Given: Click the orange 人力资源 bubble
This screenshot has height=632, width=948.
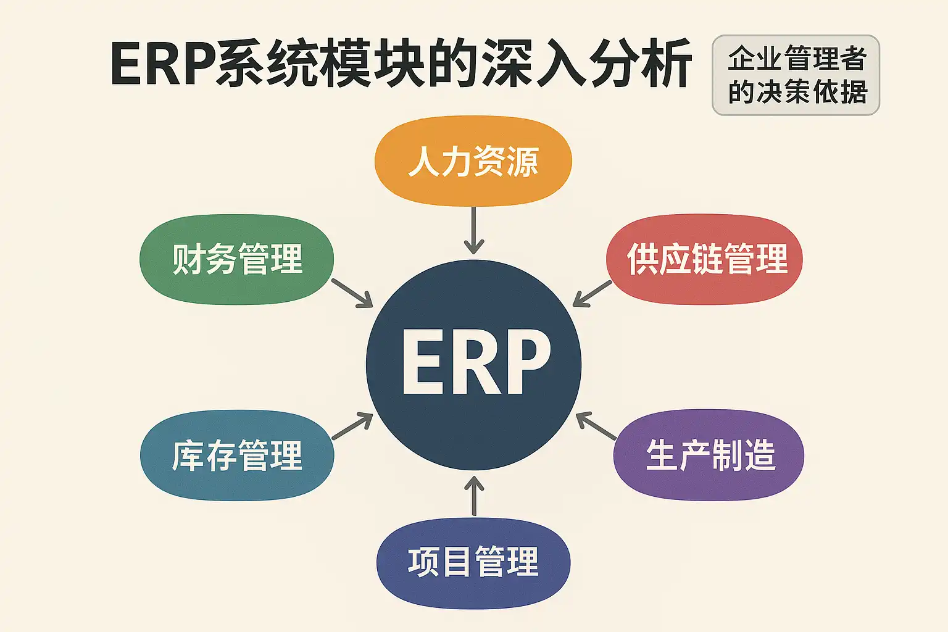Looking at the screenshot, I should click(x=473, y=161).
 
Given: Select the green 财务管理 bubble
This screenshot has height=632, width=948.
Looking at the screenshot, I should click(x=237, y=259).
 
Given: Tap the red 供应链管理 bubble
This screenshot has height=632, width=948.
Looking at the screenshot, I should click(x=705, y=259).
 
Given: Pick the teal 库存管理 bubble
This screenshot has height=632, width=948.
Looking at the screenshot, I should click(x=237, y=455).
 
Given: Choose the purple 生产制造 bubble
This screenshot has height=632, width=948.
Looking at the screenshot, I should click(x=709, y=455).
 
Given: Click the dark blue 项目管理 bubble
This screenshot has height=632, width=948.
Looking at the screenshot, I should click(x=473, y=562).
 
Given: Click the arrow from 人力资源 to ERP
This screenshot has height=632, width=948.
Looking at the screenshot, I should click(x=473, y=230).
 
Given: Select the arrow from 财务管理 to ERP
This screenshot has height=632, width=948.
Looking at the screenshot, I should click(x=352, y=293).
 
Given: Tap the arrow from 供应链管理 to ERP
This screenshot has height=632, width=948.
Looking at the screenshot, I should click(x=592, y=293).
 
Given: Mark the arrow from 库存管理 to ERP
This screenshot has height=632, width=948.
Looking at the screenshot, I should click(x=352, y=426).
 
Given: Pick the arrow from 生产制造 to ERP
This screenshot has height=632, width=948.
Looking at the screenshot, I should click(x=596, y=426).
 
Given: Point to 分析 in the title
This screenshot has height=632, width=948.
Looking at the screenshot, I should click(x=639, y=64).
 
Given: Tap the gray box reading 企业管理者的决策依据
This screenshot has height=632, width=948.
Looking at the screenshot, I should click(x=796, y=75).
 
